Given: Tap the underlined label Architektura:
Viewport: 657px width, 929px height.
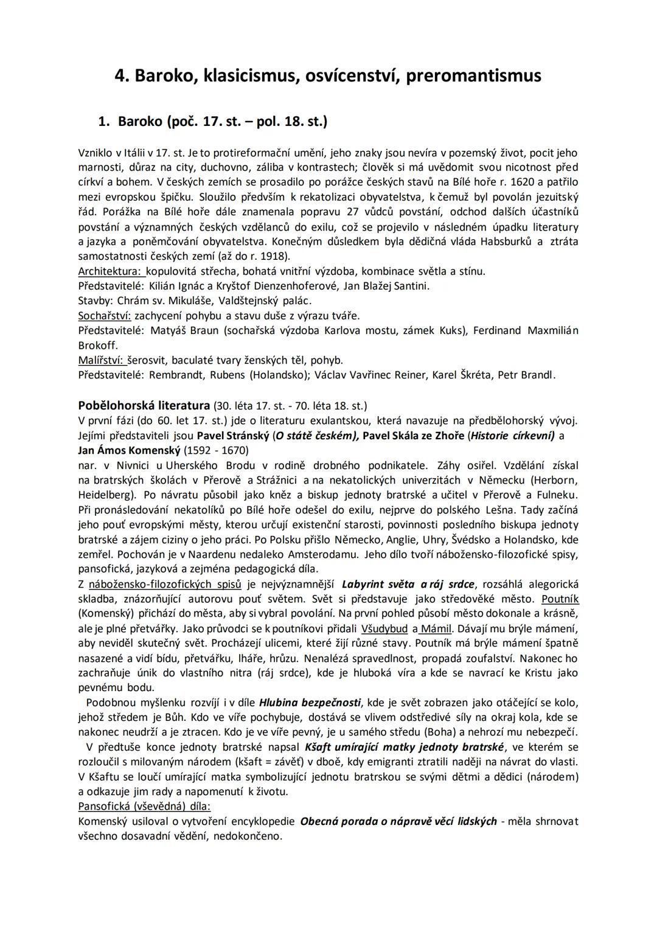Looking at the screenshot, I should [x=110, y=271].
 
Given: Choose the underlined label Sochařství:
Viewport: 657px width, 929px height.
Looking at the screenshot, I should [x=105, y=316].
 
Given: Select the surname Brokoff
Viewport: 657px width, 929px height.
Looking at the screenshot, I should [x=98, y=345].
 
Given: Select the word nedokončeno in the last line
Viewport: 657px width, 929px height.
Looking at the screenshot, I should [x=247, y=836].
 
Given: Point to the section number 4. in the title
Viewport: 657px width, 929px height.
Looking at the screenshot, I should [x=122, y=76].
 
